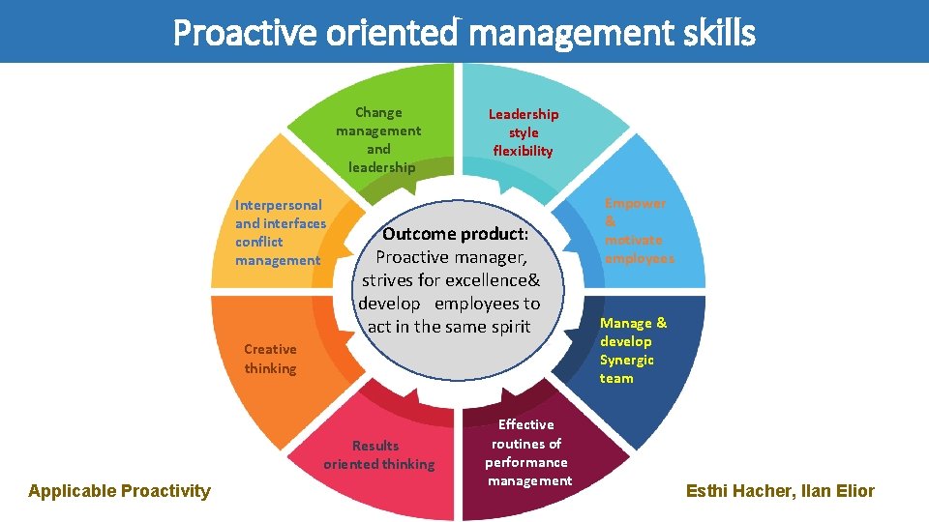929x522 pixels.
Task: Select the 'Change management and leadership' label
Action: tap(378, 140)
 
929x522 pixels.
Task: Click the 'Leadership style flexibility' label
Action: tap(523, 132)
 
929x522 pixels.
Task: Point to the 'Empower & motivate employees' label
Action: tap(639, 231)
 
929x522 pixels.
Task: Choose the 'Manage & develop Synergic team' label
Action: tap(633, 350)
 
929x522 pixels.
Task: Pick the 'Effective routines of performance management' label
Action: tap(527, 452)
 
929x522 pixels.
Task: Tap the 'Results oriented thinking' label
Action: tap(378, 454)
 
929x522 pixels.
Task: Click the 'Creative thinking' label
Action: tap(270, 359)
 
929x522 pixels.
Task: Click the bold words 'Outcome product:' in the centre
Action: tap(455, 234)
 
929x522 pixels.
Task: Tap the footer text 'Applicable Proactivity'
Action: tap(119, 491)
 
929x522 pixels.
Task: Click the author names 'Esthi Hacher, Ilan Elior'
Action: tap(780, 491)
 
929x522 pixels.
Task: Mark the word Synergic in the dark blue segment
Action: tap(626, 360)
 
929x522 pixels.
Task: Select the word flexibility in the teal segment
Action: tap(523, 151)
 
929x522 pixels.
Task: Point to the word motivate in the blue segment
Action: tap(633, 240)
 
